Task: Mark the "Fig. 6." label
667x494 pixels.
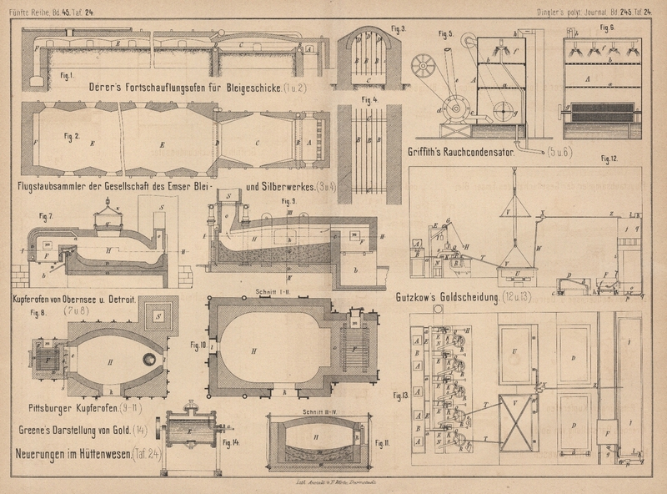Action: [605, 28]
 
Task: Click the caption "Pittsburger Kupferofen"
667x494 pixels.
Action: [73, 410]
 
